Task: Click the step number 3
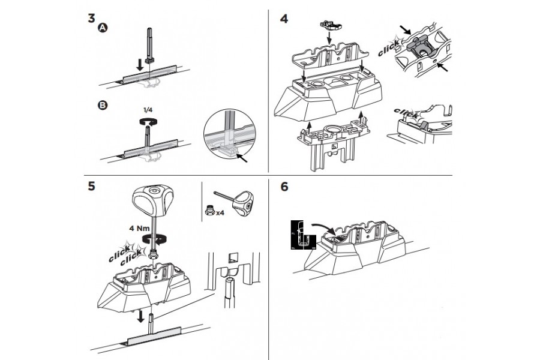click(91, 17)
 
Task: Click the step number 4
click(284, 19)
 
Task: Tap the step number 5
click(91, 186)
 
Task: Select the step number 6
click(284, 187)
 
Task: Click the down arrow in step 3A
click(139, 64)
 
